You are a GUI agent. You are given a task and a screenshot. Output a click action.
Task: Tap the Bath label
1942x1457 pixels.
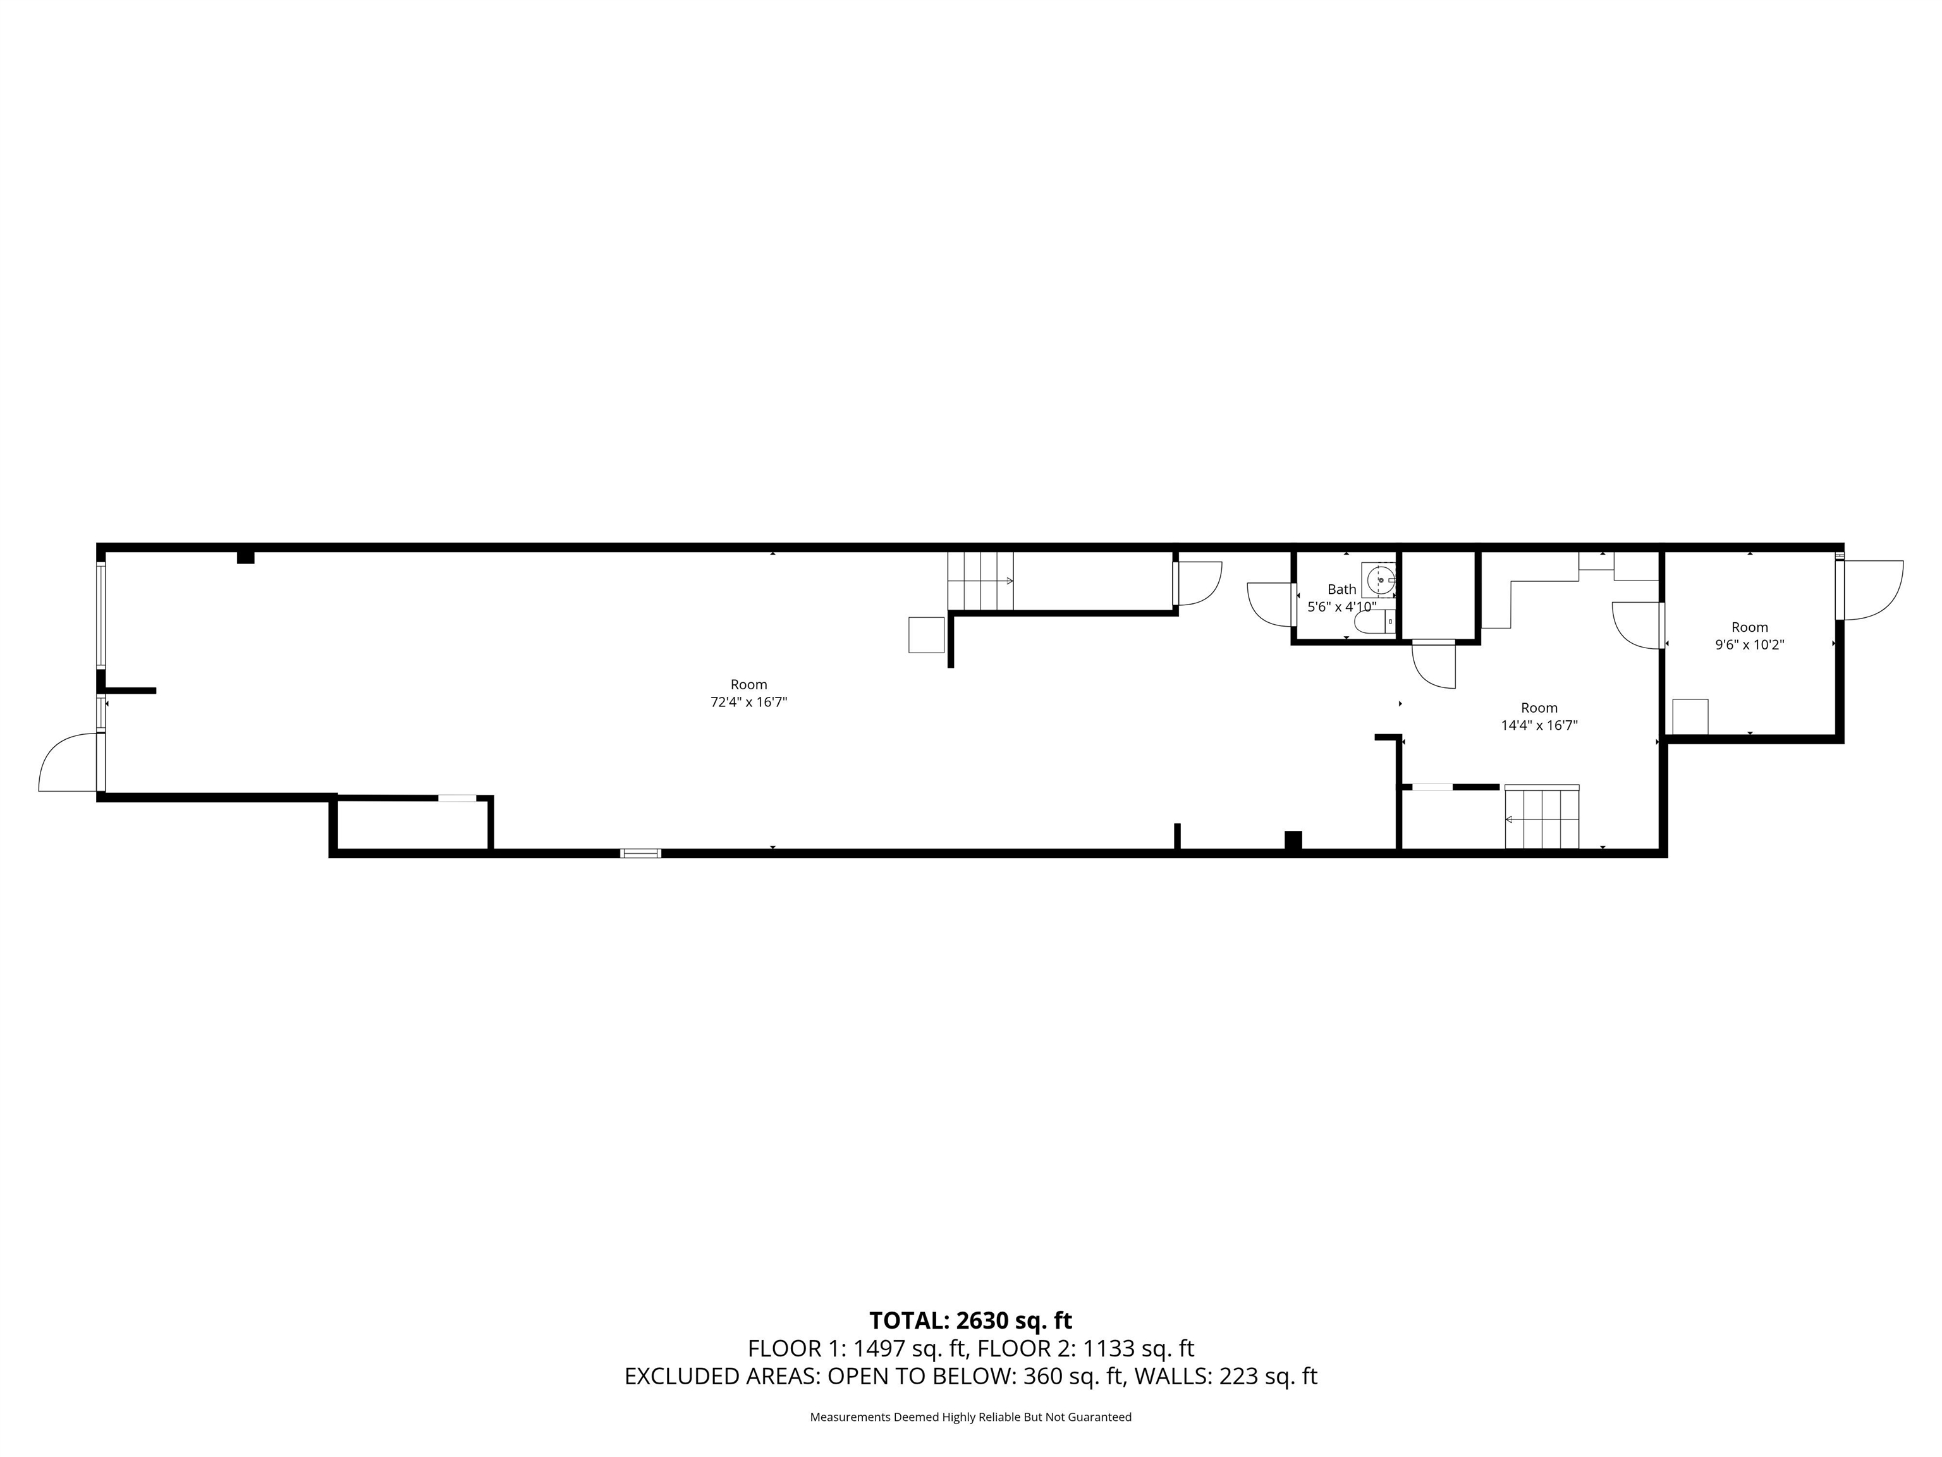click(1341, 589)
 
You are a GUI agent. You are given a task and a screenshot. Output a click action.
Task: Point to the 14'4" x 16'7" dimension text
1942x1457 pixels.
click(1539, 725)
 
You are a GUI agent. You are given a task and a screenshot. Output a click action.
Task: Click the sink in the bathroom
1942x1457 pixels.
click(1378, 580)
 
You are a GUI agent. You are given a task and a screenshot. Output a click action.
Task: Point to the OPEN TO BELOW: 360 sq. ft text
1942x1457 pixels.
click(974, 1376)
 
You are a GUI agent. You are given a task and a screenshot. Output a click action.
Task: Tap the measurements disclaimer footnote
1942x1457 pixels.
click(970, 1417)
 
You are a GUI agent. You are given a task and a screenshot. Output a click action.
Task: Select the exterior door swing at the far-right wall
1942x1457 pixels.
click(1872, 590)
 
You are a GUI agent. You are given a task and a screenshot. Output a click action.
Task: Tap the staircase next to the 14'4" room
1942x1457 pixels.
click(1542, 818)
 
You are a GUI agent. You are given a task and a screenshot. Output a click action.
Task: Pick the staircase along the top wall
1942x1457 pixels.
click(980, 581)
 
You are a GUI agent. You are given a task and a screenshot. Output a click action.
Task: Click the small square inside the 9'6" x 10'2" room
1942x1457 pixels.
click(1690, 716)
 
